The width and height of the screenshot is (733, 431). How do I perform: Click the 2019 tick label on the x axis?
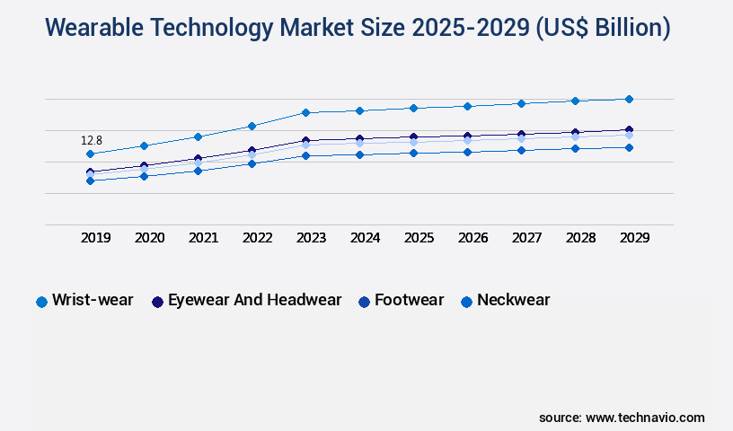coord(95,238)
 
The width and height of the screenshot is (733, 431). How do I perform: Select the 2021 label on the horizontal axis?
coord(203,238)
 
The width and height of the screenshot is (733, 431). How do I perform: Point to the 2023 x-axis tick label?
coord(311,238)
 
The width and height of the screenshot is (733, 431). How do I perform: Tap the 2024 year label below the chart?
coord(365,238)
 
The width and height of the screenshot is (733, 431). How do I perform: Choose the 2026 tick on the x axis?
coord(472,238)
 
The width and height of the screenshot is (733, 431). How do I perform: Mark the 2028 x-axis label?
coord(580,238)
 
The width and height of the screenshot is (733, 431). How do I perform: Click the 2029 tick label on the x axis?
coord(634,238)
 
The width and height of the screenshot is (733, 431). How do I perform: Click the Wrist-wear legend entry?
coord(93,301)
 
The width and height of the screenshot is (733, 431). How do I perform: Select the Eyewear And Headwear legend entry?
coord(254,301)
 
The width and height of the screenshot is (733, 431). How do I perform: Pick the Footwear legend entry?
coord(409,301)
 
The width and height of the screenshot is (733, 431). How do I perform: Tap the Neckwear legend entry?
coord(513,301)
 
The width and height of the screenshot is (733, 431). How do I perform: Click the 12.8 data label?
coord(92,141)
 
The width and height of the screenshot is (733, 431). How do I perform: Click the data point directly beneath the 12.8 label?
coord(90,154)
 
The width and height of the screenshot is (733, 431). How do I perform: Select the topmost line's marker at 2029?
coord(629,99)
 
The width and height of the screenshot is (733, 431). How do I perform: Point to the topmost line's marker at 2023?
coord(305,112)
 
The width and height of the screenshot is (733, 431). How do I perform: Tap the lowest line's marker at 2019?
coord(90,180)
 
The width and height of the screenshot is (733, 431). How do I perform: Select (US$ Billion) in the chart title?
coord(603,28)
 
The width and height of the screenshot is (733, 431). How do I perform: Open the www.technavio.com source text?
coord(645,418)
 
